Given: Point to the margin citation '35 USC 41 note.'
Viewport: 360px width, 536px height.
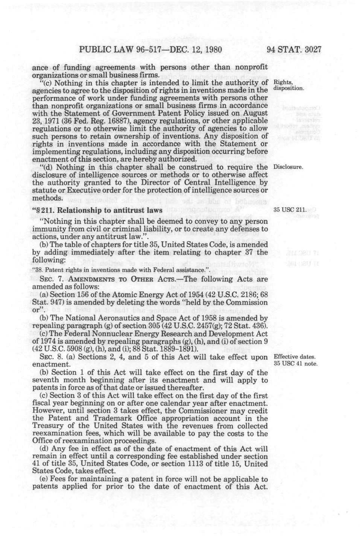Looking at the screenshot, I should click(296, 364).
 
